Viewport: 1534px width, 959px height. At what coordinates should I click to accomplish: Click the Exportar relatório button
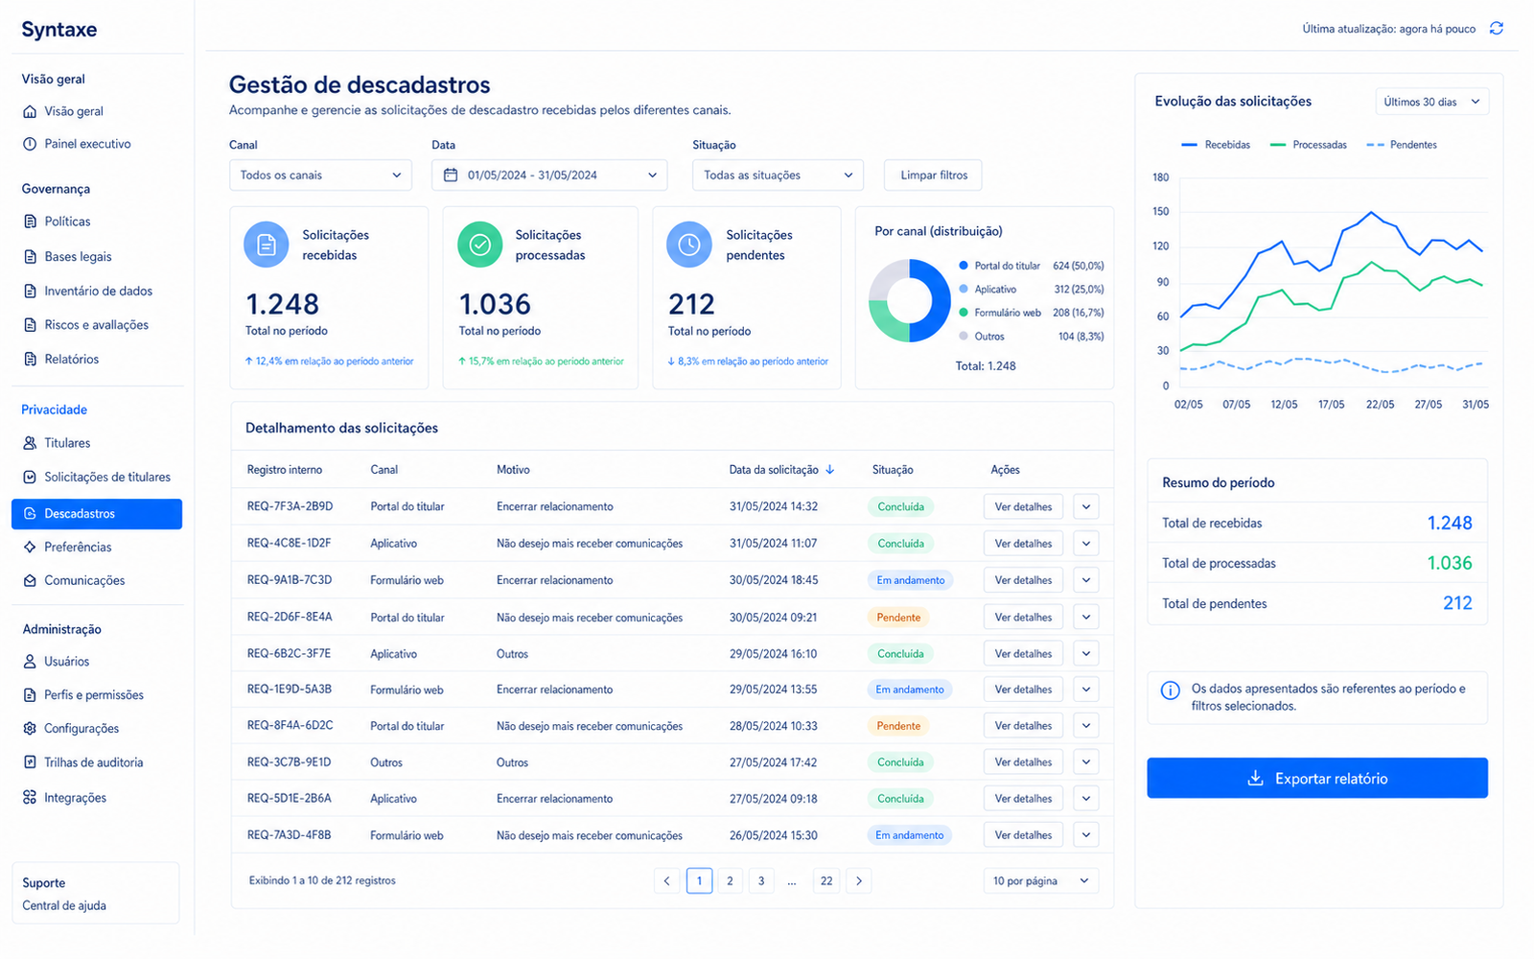[1317, 778]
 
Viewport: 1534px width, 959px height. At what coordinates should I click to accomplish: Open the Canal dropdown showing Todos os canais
[320, 175]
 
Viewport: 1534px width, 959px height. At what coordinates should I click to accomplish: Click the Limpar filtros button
[933, 175]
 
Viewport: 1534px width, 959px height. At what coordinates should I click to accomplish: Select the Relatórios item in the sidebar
[71, 359]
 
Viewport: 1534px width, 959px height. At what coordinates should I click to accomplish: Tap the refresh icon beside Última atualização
[1497, 28]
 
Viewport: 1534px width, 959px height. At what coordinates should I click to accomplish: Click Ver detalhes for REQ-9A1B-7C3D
[1023, 580]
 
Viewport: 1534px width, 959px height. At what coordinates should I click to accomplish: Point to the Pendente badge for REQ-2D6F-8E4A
[897, 618]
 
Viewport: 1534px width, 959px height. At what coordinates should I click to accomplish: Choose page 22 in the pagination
[826, 881]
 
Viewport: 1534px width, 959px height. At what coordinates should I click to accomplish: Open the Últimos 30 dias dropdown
[1431, 102]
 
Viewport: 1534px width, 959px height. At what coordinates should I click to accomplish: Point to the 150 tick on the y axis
[1160, 212]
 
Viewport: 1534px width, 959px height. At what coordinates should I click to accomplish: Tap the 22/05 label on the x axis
[1380, 404]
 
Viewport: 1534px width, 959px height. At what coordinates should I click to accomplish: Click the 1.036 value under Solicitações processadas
[495, 304]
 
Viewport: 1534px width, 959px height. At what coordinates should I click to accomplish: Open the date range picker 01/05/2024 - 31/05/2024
[549, 175]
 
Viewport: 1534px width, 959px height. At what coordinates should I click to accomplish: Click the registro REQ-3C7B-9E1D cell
[289, 761]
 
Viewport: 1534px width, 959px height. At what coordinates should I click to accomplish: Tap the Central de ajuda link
[64, 905]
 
